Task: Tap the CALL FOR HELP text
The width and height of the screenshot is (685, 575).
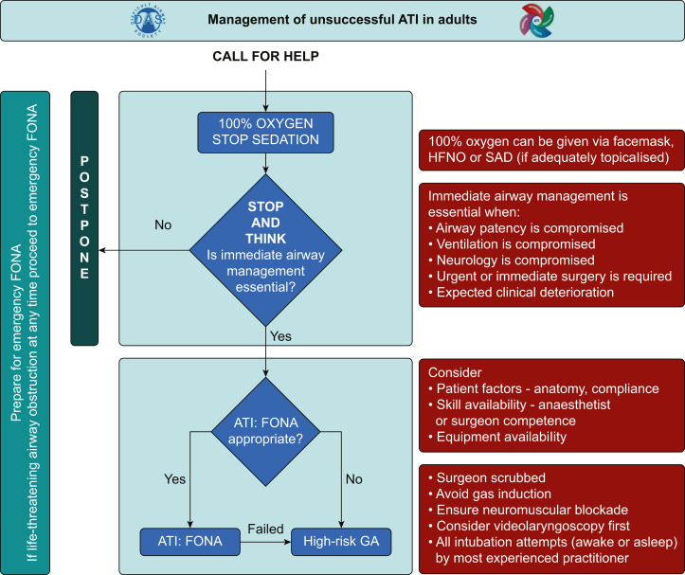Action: coord(264,55)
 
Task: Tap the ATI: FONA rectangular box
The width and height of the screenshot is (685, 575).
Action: coord(190,542)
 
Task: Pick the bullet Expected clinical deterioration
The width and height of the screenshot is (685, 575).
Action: coord(522,294)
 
